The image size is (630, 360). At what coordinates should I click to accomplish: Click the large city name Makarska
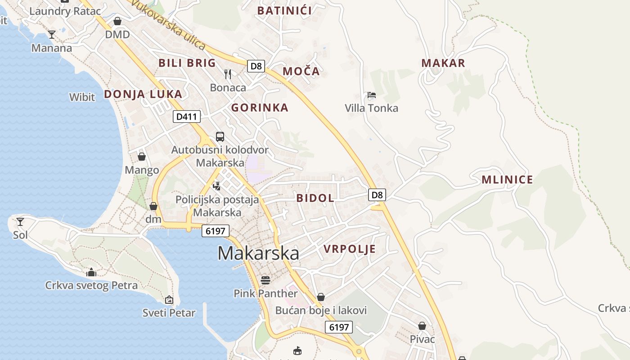[258, 253]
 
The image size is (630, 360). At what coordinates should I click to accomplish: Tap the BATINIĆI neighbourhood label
[284, 11]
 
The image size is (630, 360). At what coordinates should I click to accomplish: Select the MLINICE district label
[507, 180]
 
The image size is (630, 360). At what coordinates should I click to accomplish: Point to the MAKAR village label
[443, 63]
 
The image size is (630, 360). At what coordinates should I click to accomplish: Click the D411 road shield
[186, 117]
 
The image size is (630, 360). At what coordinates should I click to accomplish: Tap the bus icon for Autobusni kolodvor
[220, 137]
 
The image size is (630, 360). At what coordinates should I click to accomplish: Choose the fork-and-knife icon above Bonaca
[228, 74]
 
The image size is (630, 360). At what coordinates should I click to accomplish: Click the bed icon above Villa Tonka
[371, 95]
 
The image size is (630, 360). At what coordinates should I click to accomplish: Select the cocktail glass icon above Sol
[20, 221]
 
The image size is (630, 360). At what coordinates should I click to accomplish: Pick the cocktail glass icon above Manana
[52, 35]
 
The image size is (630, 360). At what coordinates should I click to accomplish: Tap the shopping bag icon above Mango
[142, 157]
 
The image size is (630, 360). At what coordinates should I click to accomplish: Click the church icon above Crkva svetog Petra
[91, 272]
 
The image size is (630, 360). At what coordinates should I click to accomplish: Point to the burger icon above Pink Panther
[265, 280]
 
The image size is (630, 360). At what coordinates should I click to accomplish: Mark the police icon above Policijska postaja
[216, 186]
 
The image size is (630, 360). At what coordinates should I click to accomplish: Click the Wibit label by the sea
[82, 97]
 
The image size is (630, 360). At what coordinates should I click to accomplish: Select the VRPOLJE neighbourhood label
[350, 249]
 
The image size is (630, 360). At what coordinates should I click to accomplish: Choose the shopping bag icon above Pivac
[422, 326]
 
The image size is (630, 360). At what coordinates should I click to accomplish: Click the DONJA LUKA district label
[143, 94]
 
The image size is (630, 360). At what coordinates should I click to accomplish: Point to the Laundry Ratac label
[65, 11]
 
